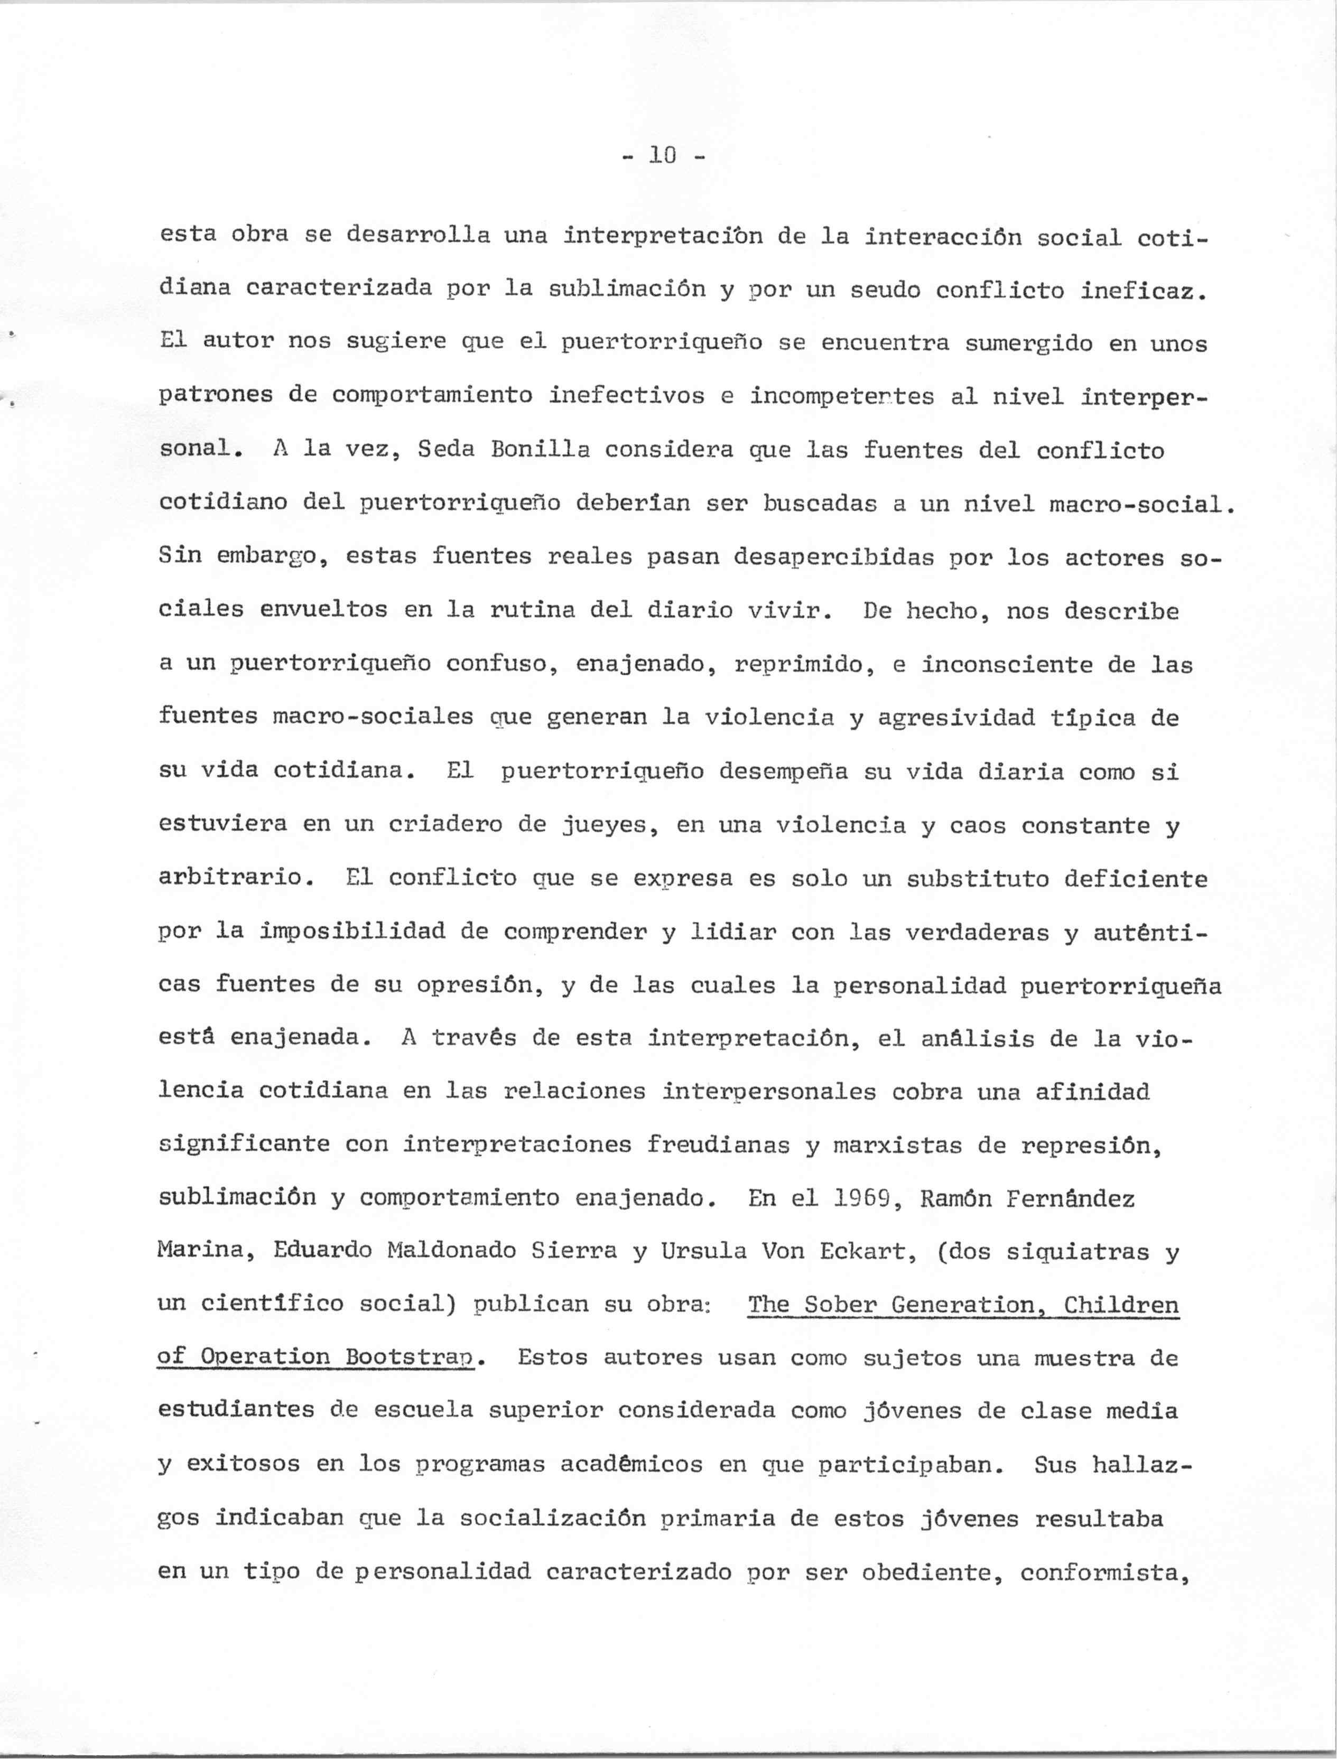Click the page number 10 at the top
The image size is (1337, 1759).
(662, 155)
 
